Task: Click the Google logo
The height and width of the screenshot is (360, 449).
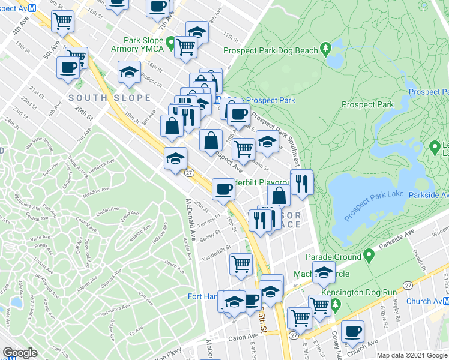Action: point(20,353)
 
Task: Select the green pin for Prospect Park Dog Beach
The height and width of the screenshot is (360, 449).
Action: point(326,47)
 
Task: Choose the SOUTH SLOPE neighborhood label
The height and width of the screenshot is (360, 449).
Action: point(109,98)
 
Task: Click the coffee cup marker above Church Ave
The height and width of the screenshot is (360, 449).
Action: point(352,332)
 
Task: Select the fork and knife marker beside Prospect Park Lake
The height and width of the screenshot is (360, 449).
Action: point(301,182)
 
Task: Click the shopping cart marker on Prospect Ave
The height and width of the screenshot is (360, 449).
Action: point(243,148)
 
